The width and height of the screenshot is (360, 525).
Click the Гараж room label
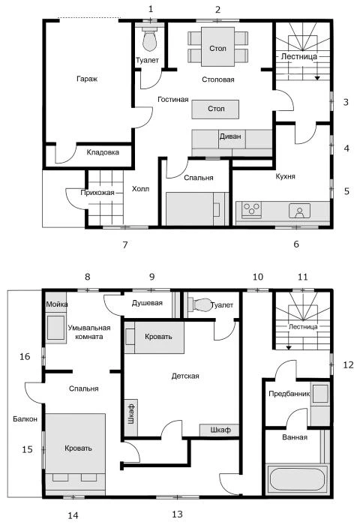[x=87, y=79]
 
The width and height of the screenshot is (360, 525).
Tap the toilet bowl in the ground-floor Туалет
[x=150, y=40]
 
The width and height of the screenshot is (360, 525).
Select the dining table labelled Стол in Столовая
[x=217, y=46]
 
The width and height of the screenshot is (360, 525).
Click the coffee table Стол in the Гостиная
[x=215, y=109]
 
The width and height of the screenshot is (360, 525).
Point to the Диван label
[x=230, y=136]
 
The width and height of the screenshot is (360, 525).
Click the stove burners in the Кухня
[x=252, y=209]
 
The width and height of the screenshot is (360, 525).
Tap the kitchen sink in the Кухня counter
[x=299, y=211]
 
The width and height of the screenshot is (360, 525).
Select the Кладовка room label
[x=103, y=152]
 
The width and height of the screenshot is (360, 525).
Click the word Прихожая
[x=97, y=193]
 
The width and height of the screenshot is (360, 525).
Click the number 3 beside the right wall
[x=346, y=102]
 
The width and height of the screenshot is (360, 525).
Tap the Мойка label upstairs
[x=56, y=304]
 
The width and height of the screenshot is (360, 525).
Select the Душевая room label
[x=147, y=303]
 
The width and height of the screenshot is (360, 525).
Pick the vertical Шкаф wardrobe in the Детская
[x=131, y=418]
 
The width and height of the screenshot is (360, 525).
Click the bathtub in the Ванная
[x=297, y=479]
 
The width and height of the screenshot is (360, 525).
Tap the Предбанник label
[x=289, y=394]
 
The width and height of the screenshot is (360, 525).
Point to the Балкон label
[x=25, y=418]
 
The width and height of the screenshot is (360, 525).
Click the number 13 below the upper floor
[x=178, y=514]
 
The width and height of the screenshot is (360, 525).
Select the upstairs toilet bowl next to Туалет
[x=201, y=304]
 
